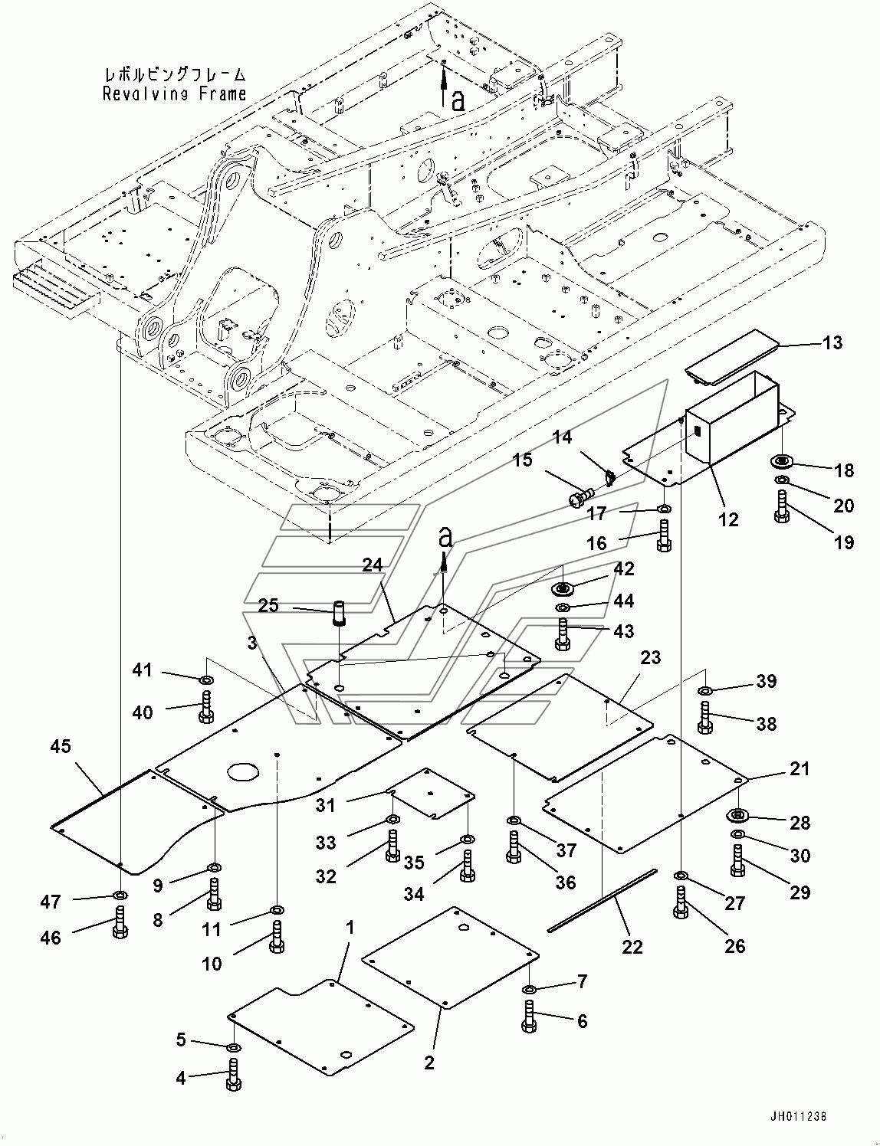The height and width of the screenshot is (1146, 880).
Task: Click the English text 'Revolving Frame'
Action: tap(175, 94)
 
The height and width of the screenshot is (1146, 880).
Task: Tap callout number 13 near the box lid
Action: tap(832, 342)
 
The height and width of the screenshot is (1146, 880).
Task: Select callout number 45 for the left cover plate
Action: tap(61, 747)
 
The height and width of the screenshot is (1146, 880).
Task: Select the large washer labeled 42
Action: tap(563, 588)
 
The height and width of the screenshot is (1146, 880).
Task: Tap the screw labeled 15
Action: tap(580, 497)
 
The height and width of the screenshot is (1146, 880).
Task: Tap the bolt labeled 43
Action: tap(563, 635)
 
